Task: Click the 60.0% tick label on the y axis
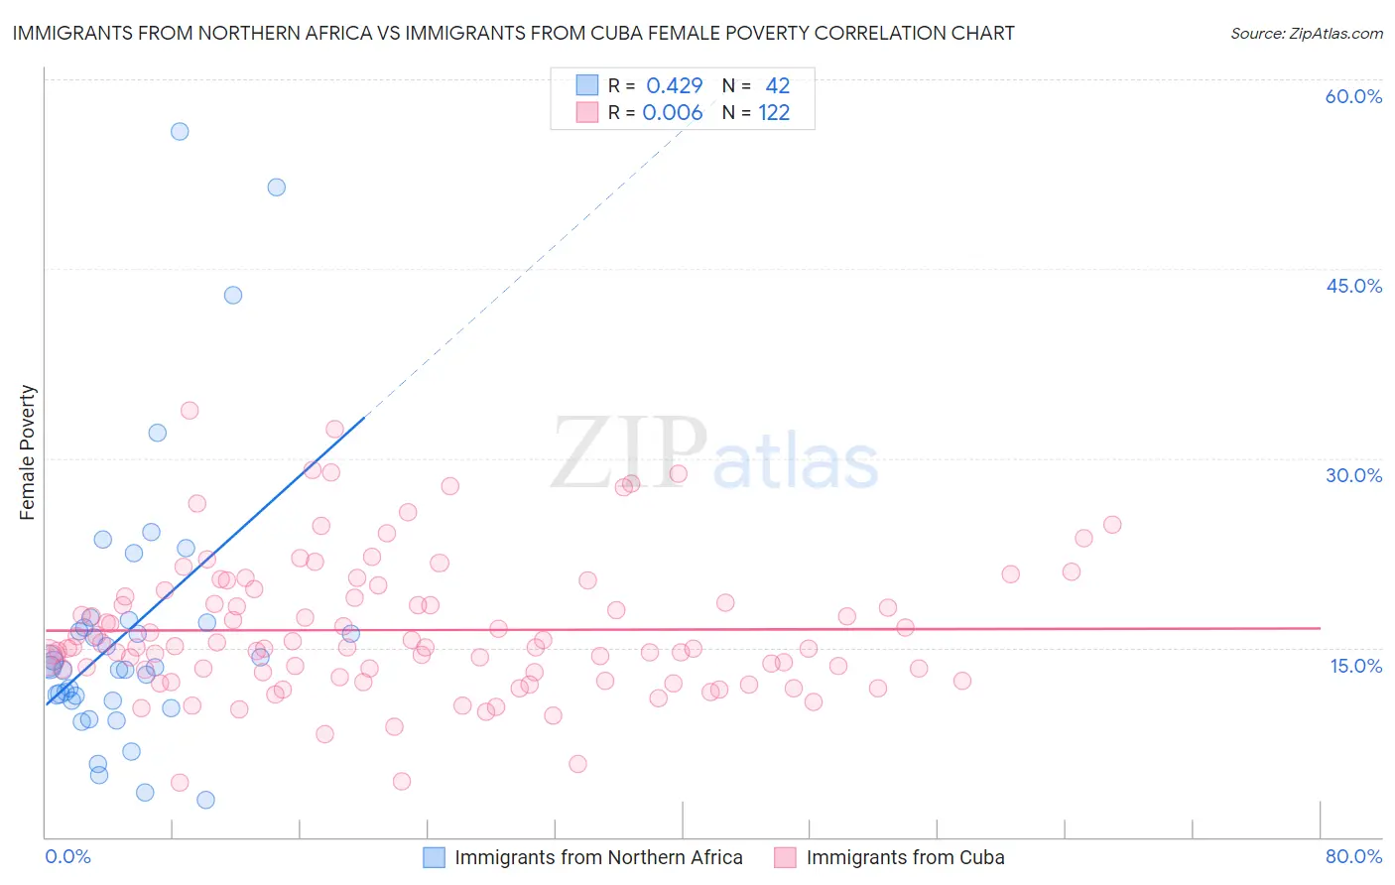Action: pos(1353,96)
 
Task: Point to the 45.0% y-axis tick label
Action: pos(1353,286)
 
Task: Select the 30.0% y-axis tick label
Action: pos(1353,475)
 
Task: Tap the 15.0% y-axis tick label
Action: pos(1355,666)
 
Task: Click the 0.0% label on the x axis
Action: pos(67,856)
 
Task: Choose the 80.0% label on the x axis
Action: pos(1353,856)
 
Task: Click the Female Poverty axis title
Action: pos(28,452)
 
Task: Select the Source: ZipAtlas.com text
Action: pos(1306,33)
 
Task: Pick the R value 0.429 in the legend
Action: pos(674,86)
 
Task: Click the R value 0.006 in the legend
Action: pos(673,113)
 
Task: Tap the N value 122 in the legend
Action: pos(774,113)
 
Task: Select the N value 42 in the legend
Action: pos(777,86)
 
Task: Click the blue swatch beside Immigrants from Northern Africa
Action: pos(434,857)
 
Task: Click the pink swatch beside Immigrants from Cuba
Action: pos(785,857)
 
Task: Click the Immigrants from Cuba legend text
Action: pos(905,857)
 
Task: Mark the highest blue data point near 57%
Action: pos(180,131)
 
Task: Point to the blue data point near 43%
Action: pos(233,295)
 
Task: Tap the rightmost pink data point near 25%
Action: pos(1112,525)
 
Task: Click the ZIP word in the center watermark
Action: pos(629,453)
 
